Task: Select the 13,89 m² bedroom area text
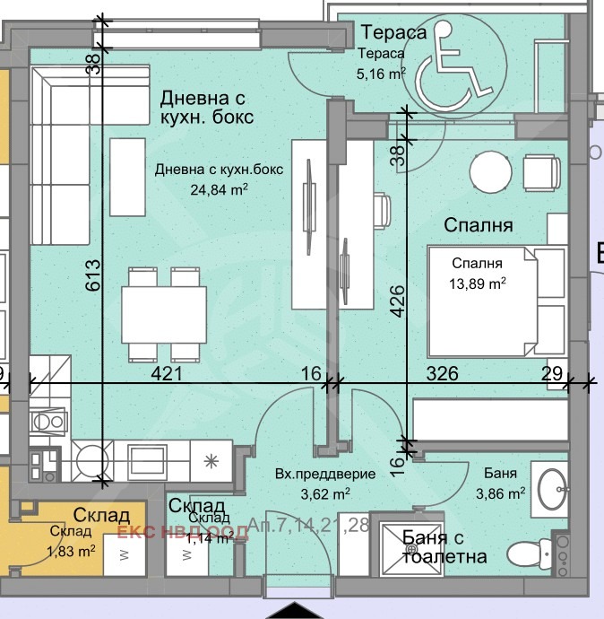(x=479, y=283)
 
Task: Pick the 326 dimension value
(x=448, y=373)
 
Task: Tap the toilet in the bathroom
(x=528, y=550)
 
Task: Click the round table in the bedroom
(x=490, y=169)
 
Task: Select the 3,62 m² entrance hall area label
(x=313, y=493)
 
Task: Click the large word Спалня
(x=479, y=226)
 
